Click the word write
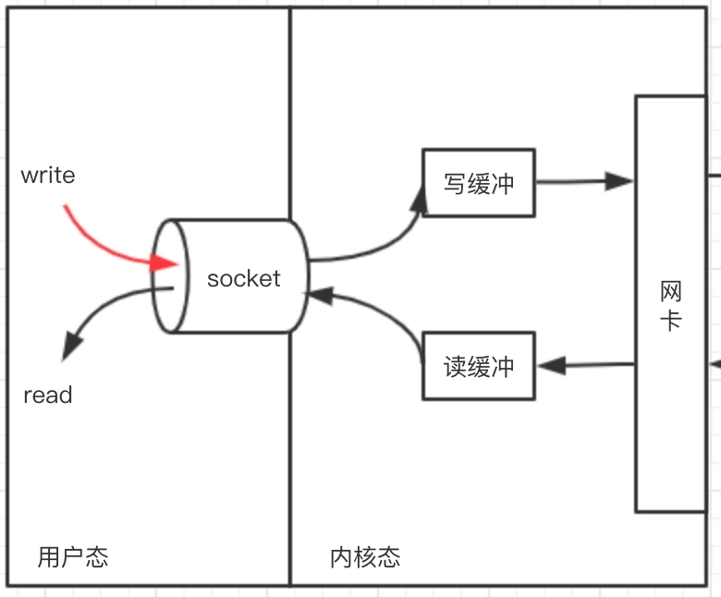(48, 176)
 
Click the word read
(48, 396)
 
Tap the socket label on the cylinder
(243, 278)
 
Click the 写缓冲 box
(478, 183)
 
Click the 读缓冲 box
(478, 366)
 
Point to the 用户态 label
(73, 556)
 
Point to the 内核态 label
(365, 556)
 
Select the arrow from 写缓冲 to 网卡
(583, 181)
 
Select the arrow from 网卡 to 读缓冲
(586, 365)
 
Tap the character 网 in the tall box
(671, 292)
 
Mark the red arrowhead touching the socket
(164, 263)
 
